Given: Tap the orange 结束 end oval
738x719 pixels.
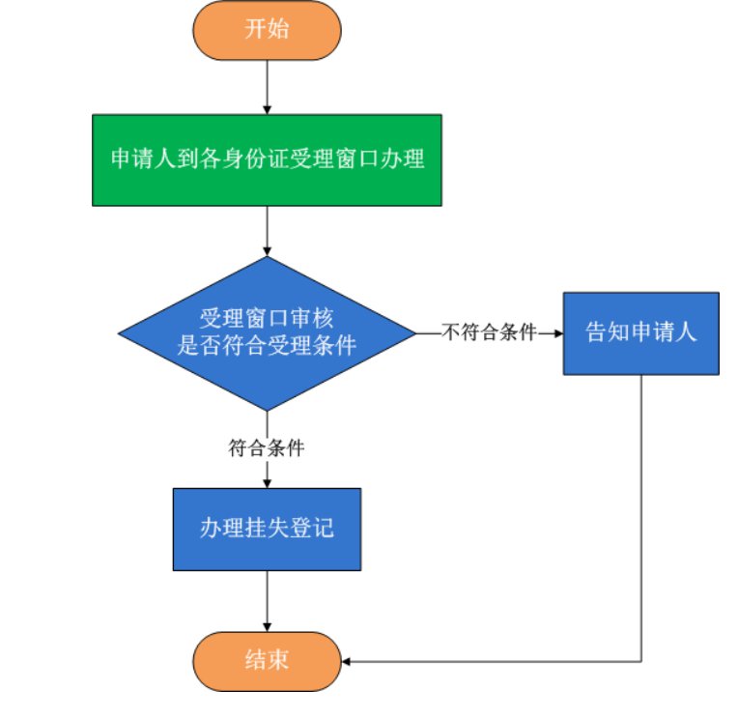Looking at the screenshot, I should point(267,661).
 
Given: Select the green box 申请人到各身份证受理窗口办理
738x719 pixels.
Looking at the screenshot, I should point(267,159).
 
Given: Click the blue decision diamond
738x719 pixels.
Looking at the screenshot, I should point(267,333).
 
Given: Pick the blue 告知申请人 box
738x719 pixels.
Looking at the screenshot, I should point(640,332).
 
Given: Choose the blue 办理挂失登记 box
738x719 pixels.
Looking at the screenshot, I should point(267,529).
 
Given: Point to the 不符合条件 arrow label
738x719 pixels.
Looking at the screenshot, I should point(489,332).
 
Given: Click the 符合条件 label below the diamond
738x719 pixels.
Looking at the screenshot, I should point(267,447).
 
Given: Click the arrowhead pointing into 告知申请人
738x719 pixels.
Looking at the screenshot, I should point(556,332).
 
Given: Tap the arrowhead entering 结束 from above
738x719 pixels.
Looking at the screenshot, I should point(267,629).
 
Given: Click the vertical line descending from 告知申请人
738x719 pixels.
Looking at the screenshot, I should point(640,512).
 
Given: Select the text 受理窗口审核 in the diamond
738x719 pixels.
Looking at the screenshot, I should point(267,319).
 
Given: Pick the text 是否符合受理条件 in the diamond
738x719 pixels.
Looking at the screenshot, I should point(267,346).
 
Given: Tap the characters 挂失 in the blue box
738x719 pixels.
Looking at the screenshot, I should point(267,529).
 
